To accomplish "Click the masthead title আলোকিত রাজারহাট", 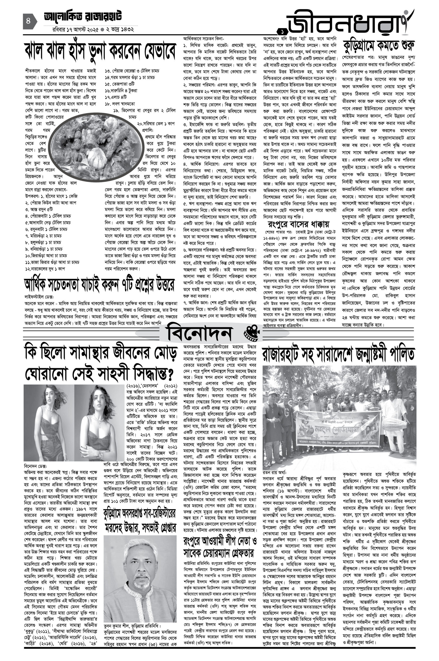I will (83, 17).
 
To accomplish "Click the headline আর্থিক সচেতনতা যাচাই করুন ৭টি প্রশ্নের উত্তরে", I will (100, 285).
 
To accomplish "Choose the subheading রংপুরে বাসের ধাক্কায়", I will (298, 224).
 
